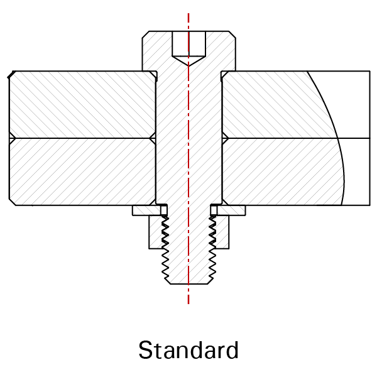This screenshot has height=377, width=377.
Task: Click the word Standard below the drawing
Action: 188,350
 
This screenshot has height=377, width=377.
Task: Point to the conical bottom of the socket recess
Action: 188,60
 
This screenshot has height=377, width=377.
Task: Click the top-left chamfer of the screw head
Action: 146,35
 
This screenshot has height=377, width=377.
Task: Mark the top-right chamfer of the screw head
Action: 232,35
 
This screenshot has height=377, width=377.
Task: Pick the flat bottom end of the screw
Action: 188,284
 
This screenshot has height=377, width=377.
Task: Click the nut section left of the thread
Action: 156,232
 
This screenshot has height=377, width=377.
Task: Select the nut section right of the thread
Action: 222,232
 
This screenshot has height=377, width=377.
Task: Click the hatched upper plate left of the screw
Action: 82,104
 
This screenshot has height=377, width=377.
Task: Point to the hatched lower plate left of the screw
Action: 82,172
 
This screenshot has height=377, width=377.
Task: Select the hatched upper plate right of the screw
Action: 271,104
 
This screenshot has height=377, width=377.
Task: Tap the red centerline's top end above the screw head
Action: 188,13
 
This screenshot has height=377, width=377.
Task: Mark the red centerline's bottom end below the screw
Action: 188,304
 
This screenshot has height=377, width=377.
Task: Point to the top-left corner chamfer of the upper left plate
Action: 11,74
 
